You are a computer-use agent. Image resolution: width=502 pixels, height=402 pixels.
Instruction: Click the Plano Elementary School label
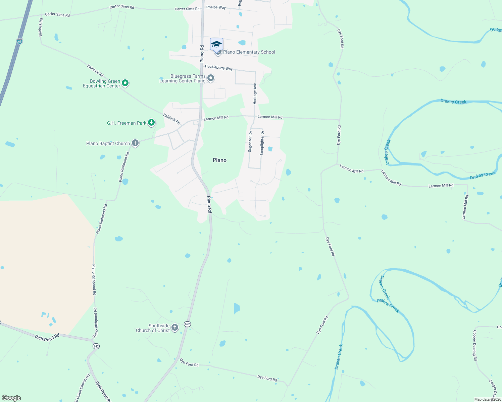point(249,52)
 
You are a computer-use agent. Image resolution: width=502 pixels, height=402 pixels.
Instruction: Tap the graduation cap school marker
point(216,44)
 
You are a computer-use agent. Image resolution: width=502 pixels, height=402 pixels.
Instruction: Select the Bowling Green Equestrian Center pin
point(125,83)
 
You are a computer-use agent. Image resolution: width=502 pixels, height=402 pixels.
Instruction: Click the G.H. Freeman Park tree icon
point(151,123)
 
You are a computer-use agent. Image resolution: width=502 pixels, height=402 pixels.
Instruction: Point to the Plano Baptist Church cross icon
point(135,143)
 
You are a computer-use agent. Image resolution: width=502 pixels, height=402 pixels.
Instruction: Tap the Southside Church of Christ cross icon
point(175,328)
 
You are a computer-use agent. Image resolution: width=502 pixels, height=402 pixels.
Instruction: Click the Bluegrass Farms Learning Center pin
point(211,78)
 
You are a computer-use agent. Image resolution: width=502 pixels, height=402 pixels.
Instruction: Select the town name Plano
point(219,160)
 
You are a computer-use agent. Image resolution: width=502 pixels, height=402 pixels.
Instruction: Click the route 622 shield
point(187,324)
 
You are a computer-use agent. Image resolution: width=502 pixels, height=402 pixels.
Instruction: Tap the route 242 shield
point(96,346)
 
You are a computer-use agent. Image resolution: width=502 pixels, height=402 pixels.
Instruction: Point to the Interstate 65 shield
point(20,41)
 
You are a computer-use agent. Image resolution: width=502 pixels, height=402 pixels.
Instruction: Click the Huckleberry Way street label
point(219,68)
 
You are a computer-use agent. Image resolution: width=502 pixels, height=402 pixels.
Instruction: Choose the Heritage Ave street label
point(255,93)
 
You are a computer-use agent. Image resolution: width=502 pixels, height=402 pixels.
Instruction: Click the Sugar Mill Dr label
point(250,142)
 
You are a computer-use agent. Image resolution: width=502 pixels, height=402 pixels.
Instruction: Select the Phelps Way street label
point(216,7)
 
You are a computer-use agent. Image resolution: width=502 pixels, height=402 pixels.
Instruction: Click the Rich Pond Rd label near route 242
point(47,337)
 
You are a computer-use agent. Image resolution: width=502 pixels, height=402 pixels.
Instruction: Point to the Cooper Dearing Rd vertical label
point(475,345)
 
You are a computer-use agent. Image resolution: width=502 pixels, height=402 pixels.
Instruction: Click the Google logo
point(11,398)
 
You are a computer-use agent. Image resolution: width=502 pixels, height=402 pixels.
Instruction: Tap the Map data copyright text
point(488,399)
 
